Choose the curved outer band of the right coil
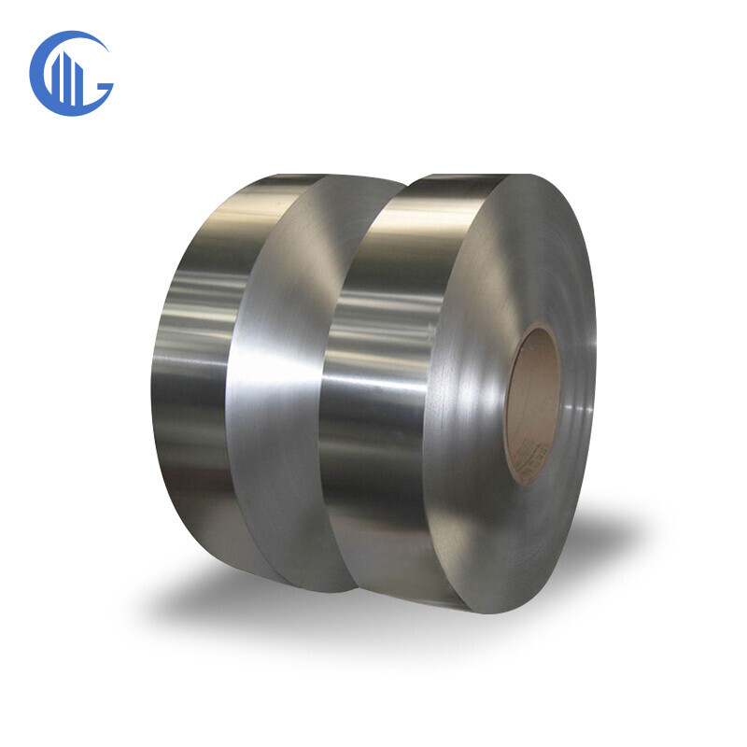(x=373, y=392)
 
